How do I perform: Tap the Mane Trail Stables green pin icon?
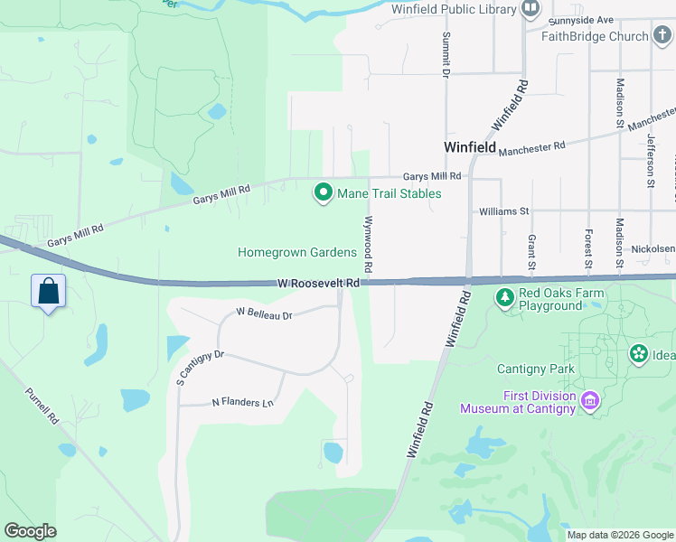323,193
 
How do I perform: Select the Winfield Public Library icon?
530,10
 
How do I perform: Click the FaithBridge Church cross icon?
663,36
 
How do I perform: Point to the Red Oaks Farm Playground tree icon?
505,296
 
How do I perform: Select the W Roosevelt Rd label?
319,284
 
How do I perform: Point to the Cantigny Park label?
536,369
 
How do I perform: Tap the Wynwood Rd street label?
369,244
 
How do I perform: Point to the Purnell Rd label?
42,407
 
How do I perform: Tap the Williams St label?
503,211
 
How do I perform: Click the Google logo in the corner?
30,531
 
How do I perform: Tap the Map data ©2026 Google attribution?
620,535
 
